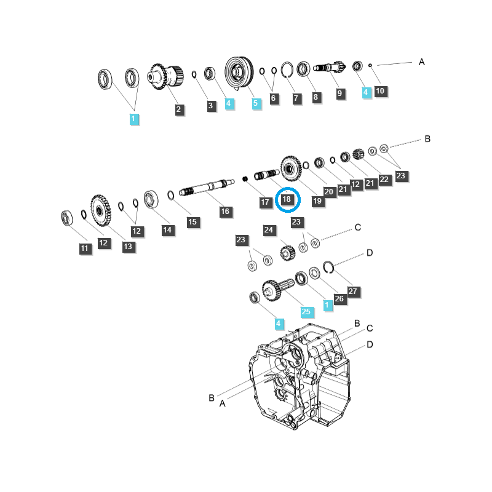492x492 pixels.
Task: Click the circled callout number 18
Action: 287,199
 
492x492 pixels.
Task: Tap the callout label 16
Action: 225,211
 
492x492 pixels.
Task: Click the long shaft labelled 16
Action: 207,187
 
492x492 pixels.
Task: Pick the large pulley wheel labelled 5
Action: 239,73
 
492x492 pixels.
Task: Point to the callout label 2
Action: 178,109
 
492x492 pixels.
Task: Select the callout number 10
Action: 380,90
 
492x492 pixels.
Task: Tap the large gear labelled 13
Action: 101,210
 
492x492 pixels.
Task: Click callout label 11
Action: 84,248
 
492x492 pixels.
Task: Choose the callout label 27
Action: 352,291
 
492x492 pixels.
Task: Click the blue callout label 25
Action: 306,312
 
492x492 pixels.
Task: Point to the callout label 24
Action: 269,230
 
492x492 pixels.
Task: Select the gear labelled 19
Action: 291,169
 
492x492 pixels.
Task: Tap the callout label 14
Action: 167,229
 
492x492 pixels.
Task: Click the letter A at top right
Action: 422,62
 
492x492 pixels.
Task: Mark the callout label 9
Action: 339,93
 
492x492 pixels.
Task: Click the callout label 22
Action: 384,180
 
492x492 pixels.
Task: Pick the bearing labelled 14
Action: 151,199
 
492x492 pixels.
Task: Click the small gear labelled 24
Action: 288,253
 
